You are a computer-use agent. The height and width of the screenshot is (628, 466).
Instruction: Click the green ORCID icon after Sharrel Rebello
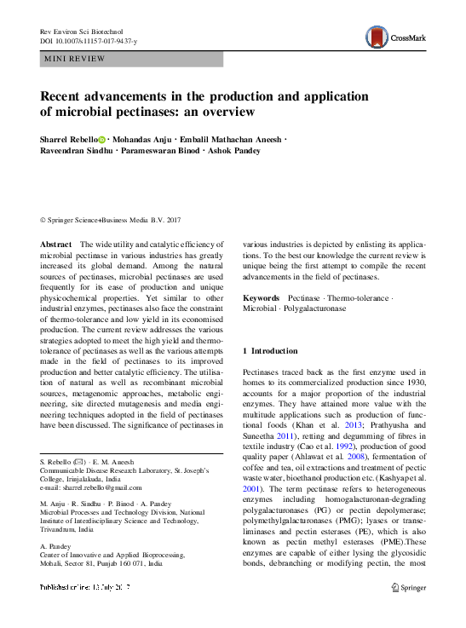(x=101, y=139)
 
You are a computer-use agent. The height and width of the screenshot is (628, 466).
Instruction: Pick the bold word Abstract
(x=55, y=245)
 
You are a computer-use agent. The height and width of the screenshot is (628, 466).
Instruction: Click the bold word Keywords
(x=262, y=298)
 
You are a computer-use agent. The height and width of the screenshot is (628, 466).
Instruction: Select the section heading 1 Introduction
(x=270, y=351)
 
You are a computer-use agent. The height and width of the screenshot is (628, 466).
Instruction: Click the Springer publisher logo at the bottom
(x=408, y=588)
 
